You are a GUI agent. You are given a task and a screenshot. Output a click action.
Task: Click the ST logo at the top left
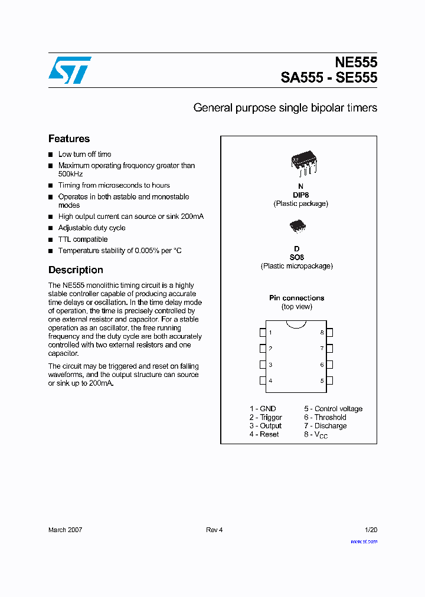[70, 70]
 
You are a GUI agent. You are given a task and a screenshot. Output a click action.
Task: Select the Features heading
[69, 139]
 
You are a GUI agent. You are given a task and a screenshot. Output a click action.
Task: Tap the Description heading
[76, 270]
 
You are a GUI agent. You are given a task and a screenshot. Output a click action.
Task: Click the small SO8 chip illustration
[297, 227]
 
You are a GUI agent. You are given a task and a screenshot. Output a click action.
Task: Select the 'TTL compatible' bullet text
[83, 240]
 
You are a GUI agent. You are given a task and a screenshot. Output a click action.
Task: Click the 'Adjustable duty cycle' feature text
[91, 228]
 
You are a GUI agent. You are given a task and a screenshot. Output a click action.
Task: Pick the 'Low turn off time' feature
[84, 154]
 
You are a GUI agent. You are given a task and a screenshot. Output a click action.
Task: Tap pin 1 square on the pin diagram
[263, 333]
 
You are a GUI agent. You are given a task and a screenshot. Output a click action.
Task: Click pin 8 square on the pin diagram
[330, 333]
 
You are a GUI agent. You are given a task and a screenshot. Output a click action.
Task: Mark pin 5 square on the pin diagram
[330, 380]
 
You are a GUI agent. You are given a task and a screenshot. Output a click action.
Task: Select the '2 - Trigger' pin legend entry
[266, 417]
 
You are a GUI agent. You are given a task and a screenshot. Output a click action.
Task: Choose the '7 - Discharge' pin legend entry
[325, 426]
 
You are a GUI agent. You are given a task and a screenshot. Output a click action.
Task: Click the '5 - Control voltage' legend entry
[333, 409]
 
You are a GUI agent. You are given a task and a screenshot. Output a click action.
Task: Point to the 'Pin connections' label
[296, 298]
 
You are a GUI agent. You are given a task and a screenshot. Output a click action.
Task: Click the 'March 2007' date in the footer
[65, 530]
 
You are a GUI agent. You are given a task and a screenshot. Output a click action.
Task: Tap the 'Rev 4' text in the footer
[214, 530]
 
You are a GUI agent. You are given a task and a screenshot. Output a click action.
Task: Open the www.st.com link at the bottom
[364, 541]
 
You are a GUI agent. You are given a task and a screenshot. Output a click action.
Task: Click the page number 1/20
[371, 530]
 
